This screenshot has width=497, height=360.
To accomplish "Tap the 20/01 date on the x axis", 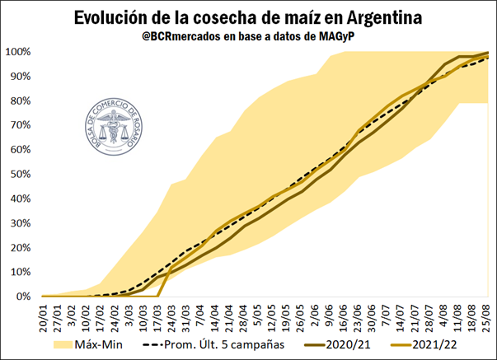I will [43, 316].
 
